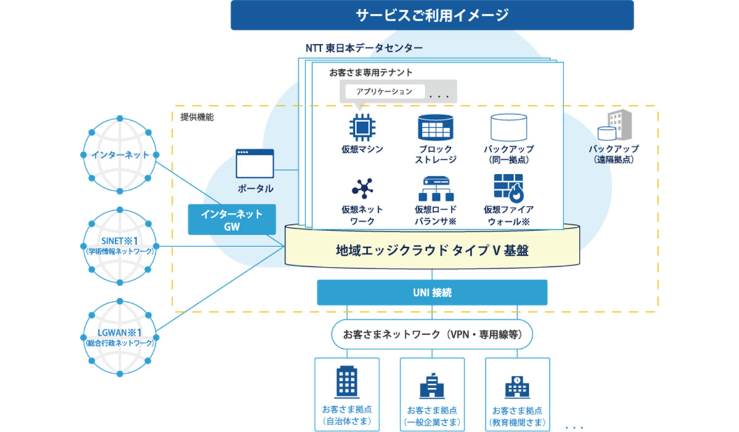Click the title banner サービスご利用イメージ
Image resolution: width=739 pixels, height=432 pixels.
coord(432,15)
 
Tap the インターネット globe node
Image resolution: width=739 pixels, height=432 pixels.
coord(120,155)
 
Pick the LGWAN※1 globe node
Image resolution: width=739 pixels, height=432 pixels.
coord(120,338)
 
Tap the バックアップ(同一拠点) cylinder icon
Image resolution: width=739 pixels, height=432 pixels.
coord(509,127)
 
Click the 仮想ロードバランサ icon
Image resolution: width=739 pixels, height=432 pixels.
coord(435,188)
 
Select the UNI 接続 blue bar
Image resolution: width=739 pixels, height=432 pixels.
coord(432,293)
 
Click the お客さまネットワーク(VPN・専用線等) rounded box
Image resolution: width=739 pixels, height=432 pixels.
coord(432,335)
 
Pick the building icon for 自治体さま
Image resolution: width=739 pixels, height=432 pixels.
coord(347,383)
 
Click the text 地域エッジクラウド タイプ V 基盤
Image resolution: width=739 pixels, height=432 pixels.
coord(432,251)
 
